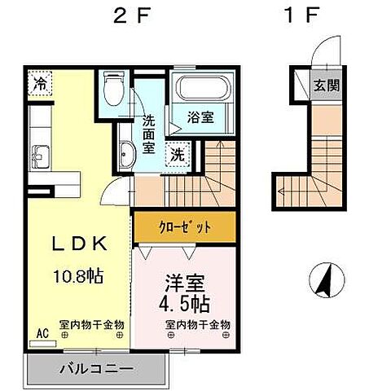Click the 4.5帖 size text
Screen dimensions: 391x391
pos(187,307)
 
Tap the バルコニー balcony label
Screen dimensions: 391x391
pos(95,368)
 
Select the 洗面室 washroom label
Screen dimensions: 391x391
pos(149,134)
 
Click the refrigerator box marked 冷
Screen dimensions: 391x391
pos(39,83)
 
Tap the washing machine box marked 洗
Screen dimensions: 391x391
pos(177,154)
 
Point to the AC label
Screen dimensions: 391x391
pos(43,333)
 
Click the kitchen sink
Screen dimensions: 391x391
pos(38,151)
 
